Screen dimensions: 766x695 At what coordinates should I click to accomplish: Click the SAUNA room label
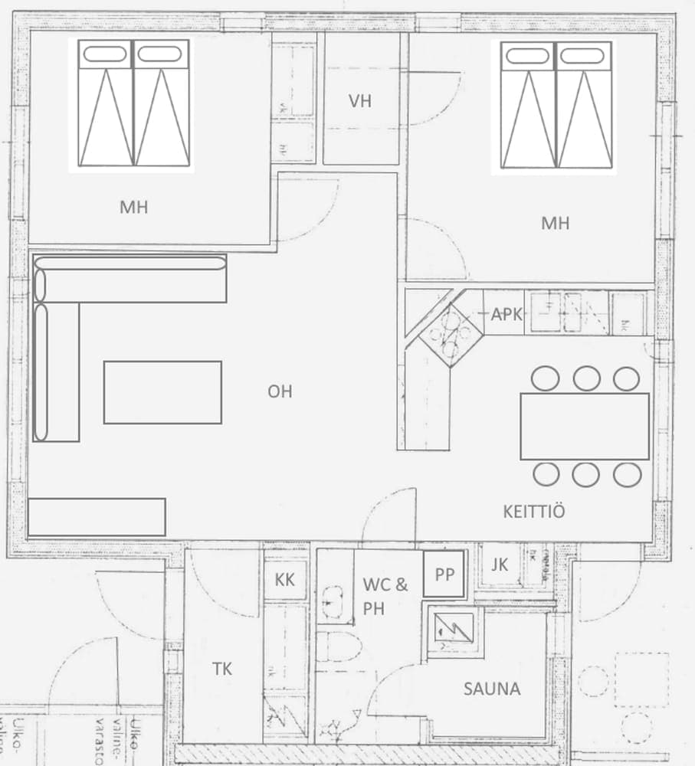[x=491, y=689]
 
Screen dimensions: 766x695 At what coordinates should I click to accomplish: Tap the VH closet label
[x=359, y=101]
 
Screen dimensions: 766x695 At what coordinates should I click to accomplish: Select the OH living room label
[x=280, y=391]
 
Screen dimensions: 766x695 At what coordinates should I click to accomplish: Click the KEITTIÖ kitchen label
[x=534, y=511]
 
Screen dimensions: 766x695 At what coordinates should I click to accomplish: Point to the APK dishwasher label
[x=506, y=313]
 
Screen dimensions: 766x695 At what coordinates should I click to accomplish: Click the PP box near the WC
[x=444, y=575]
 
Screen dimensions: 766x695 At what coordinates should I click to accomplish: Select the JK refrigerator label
[x=500, y=565]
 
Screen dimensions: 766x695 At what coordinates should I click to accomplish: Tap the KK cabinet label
[x=284, y=579]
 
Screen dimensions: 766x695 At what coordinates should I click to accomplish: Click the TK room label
[x=222, y=669]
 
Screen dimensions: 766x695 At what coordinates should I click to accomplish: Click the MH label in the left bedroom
[x=133, y=207]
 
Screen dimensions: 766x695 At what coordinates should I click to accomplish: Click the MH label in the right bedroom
[x=556, y=223]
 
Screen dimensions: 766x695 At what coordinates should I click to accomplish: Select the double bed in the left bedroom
[x=134, y=104]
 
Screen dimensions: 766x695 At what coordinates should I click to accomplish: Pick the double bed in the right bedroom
[x=556, y=105]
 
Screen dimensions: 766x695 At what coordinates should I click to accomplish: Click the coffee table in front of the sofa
[x=162, y=392]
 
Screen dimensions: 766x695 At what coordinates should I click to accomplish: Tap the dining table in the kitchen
[x=585, y=426]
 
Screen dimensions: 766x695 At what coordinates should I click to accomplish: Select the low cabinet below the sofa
[x=97, y=517]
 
